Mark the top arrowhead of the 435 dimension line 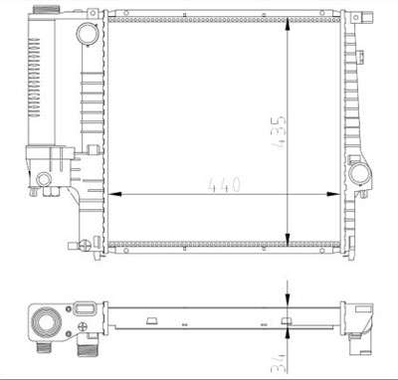[x=289, y=21]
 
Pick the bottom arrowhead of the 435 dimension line [x=289, y=239]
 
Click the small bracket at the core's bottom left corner [x=91, y=242]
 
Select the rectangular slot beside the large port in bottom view [x=86, y=314]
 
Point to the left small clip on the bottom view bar [x=151, y=320]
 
